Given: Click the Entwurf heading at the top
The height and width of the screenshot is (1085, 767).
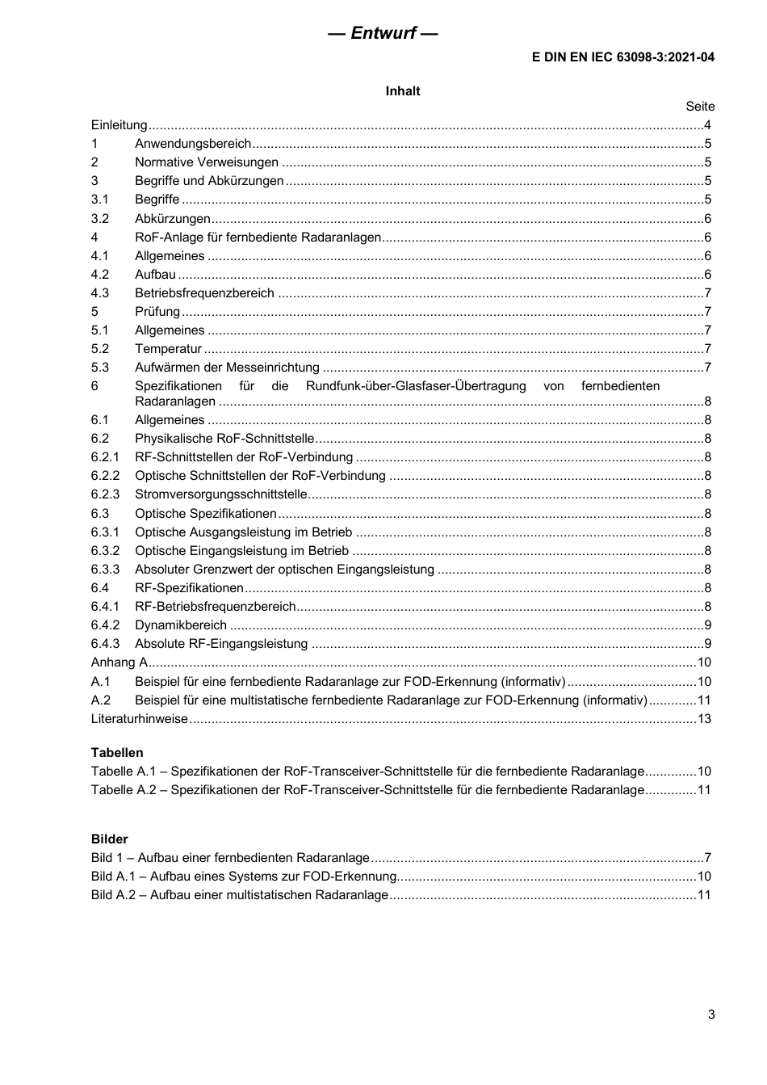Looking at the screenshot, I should pos(383,33).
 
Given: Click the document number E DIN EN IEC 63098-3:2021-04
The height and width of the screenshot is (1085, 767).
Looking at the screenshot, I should pos(622,57).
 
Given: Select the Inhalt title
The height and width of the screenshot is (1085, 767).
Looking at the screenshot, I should pos(402,91).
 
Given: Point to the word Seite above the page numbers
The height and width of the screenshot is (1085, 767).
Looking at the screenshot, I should pos(700,107).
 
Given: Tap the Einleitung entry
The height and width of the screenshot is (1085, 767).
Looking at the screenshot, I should pos(119,125).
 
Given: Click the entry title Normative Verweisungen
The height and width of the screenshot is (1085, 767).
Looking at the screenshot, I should pos(207,162).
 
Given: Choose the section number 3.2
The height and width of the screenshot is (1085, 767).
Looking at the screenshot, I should pos(100,219).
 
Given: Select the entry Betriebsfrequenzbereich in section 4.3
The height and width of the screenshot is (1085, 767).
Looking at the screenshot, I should pos(204,293).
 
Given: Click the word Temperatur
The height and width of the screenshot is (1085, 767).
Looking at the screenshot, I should pos(168,349).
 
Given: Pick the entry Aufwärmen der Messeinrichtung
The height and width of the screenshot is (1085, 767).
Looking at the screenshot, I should pos(227,368).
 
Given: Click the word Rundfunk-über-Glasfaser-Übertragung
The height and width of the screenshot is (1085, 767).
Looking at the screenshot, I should pos(416,386).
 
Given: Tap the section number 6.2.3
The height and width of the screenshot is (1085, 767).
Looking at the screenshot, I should pos(105,494).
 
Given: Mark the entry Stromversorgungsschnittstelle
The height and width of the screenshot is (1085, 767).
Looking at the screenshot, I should pos(220,494).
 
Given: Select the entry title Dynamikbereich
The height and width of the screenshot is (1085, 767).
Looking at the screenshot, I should pos(181,625).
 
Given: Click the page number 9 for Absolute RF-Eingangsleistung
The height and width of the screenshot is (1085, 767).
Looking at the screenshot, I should pos(708,644).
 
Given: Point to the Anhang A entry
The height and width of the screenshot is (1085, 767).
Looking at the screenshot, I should pos(119,662).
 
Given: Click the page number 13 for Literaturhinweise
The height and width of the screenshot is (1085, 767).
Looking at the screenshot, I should pos(704,719).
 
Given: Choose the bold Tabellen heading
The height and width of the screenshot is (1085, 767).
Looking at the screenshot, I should pos(117,753).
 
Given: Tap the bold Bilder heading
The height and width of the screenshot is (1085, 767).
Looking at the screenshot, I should pos(110,839).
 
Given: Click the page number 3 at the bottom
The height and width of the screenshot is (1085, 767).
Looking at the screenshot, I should pos(711,1015).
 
